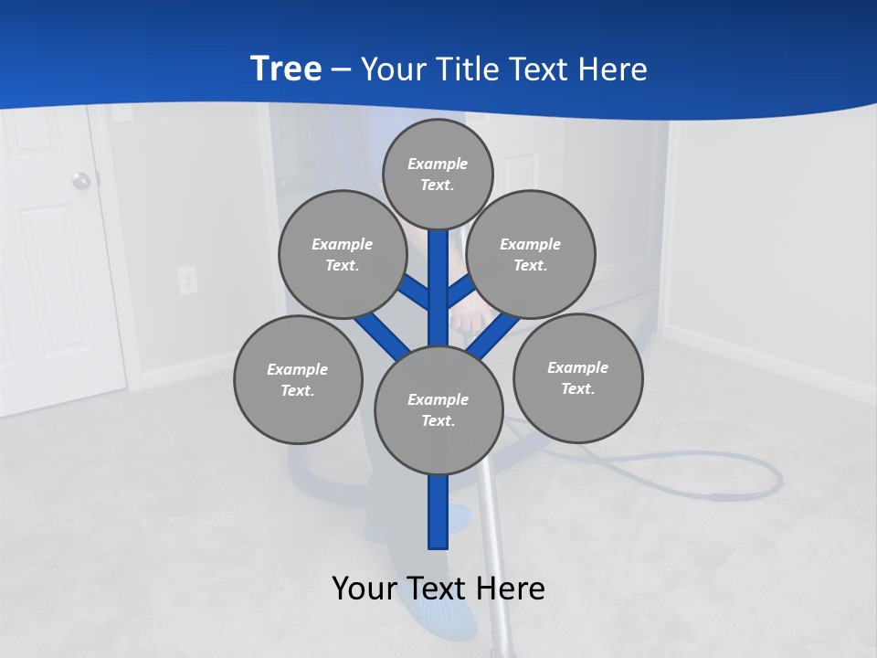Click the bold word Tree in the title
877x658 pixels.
pyautogui.click(x=286, y=69)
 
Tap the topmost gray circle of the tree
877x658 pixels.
pyautogui.click(x=438, y=174)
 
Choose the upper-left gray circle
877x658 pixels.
pyautogui.click(x=343, y=254)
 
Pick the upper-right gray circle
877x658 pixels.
pyautogui.click(x=531, y=254)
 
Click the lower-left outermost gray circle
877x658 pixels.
pyautogui.click(x=298, y=379)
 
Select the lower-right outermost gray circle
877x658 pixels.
pyautogui.click(x=577, y=377)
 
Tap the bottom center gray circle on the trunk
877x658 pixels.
pyautogui.click(x=438, y=409)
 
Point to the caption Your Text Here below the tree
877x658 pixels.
pyautogui.click(x=438, y=588)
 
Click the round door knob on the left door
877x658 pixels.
pyautogui.click(x=82, y=180)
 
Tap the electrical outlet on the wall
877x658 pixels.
pyautogui.click(x=188, y=280)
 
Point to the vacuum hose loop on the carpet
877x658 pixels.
pyautogui.click(x=731, y=475)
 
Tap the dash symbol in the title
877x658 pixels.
pyautogui.click(x=341, y=69)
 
